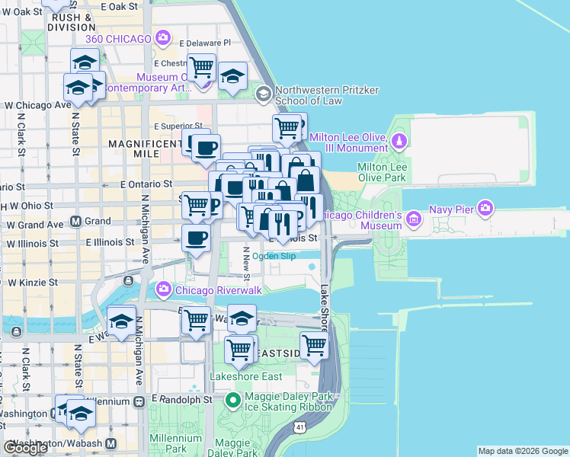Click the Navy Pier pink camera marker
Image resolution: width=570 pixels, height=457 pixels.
click(487, 208)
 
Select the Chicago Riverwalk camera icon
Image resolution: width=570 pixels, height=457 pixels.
click(163, 289)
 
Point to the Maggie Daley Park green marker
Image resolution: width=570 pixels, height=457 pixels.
click(234, 399)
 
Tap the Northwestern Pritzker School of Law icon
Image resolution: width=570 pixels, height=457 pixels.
click(264, 94)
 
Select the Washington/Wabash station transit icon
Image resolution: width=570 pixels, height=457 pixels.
click(111, 443)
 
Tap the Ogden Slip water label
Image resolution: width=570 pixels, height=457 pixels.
click(274, 257)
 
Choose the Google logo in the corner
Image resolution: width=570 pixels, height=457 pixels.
click(25, 448)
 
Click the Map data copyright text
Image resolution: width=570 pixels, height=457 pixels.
click(523, 451)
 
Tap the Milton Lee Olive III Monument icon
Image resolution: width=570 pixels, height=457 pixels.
click(399, 141)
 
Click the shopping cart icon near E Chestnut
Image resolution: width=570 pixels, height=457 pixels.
click(201, 68)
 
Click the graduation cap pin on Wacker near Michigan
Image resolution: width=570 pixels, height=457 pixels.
click(122, 320)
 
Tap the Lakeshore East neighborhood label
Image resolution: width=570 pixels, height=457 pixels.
click(246, 376)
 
